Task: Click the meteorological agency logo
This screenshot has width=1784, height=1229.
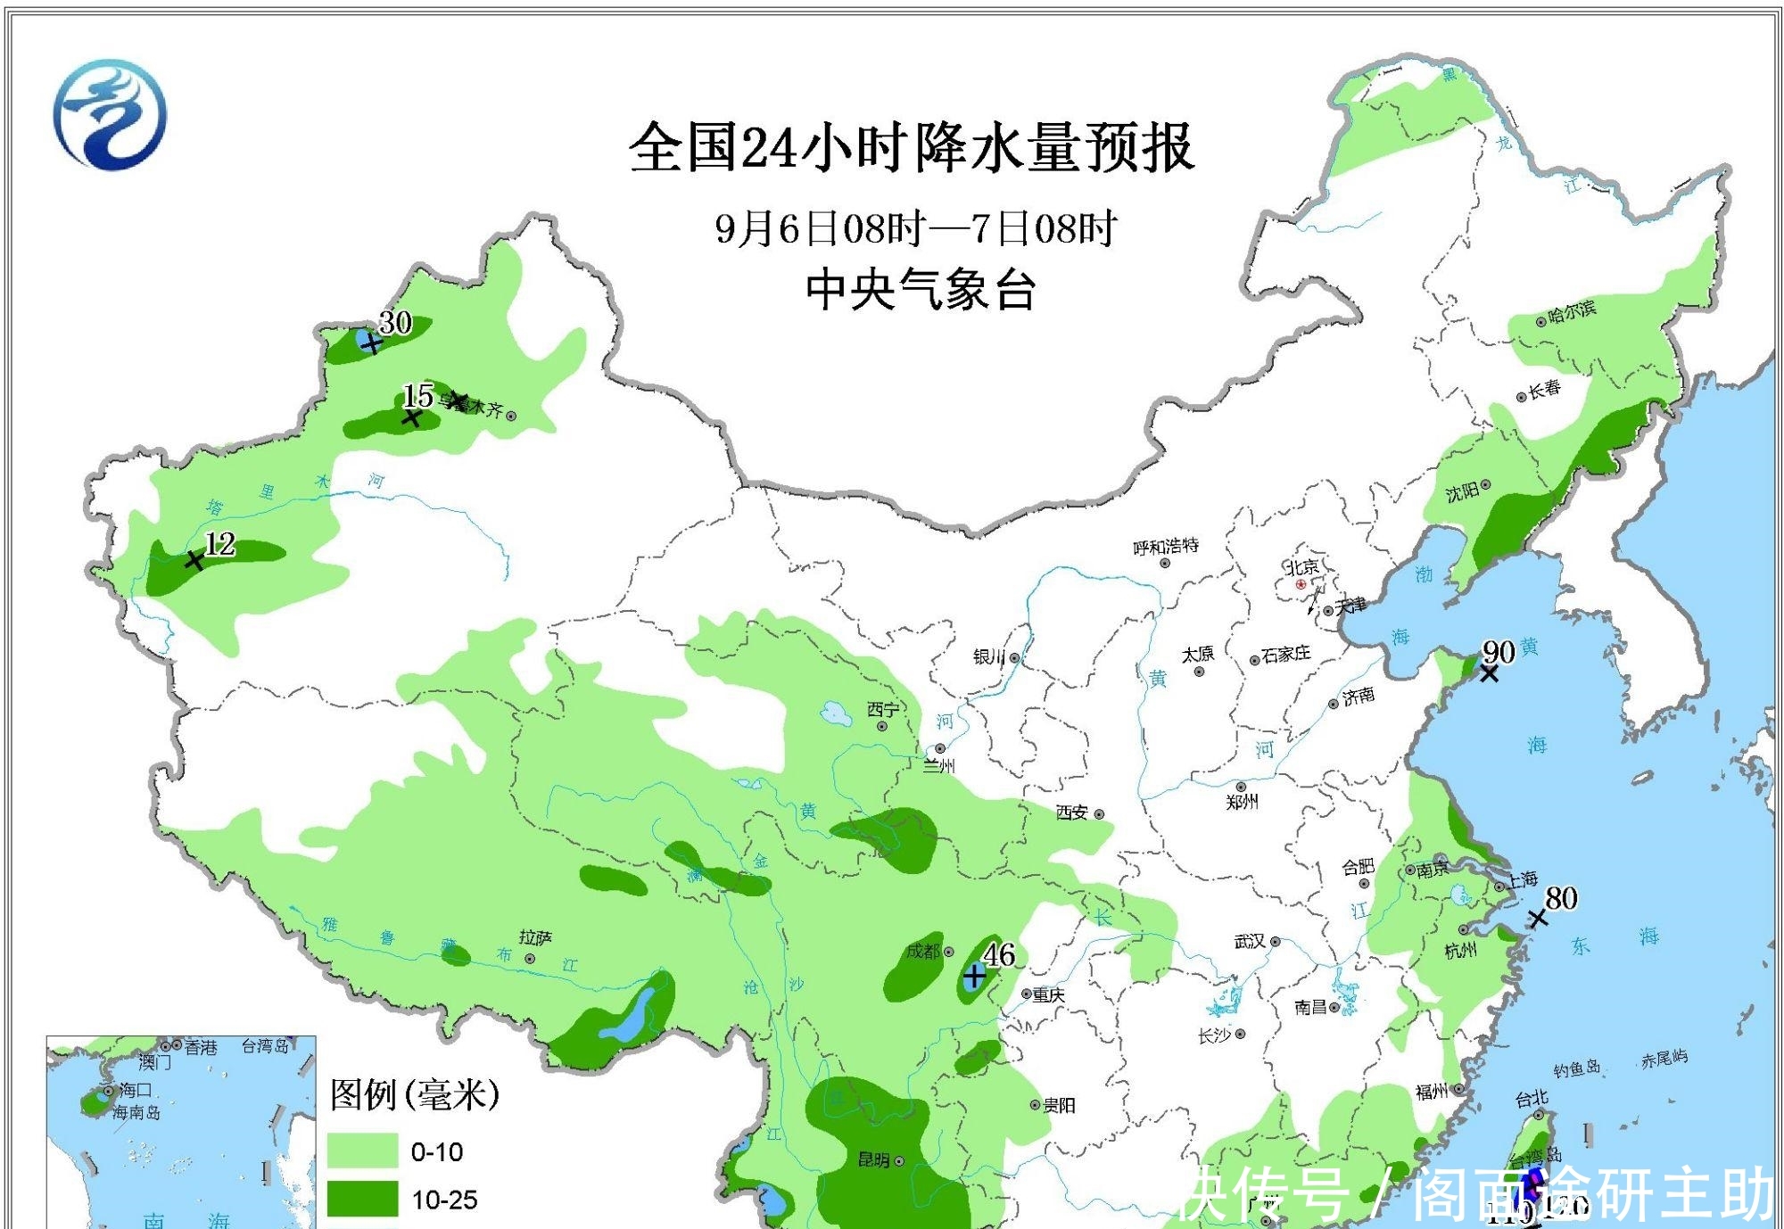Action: (x=109, y=114)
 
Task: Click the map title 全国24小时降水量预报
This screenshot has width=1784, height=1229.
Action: (x=911, y=148)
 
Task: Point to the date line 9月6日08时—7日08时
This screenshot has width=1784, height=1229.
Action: (x=915, y=228)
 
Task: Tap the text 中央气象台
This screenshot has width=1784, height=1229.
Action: (x=920, y=290)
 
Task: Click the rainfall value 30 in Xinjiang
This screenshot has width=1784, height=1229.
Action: (x=395, y=322)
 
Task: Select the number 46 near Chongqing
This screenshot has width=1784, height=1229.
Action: (x=999, y=954)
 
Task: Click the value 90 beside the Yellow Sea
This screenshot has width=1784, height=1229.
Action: (x=1499, y=652)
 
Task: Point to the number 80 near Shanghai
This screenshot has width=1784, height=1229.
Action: (x=1560, y=898)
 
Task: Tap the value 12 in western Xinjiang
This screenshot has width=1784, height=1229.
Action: (x=219, y=543)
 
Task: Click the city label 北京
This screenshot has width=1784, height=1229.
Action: (x=1301, y=567)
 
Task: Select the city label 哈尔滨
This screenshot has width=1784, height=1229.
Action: (x=1572, y=310)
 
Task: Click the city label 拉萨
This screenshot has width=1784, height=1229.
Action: (x=535, y=937)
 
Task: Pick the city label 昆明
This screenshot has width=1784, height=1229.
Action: (x=873, y=1159)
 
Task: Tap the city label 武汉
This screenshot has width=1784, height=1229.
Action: (x=1250, y=941)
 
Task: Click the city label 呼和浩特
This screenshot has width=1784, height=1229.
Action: (x=1165, y=546)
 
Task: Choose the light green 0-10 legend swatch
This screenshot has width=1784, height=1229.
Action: (x=362, y=1151)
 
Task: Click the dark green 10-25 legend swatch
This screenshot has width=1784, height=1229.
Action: (x=362, y=1199)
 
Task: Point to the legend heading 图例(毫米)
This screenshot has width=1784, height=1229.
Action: (x=415, y=1094)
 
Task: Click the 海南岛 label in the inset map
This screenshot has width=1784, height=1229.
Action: (x=136, y=1112)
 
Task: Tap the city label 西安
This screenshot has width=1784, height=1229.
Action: (x=1071, y=812)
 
